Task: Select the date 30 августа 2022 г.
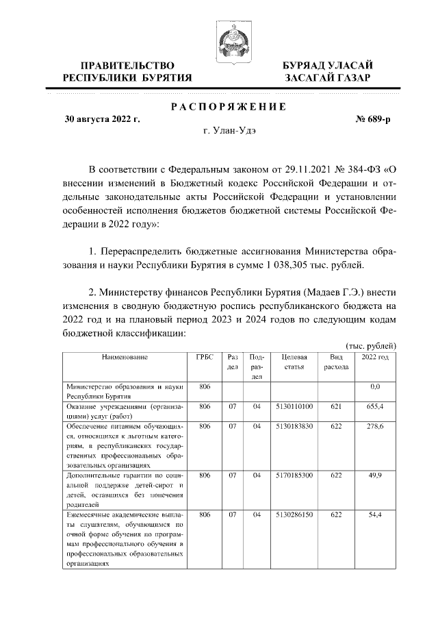pyautogui.click(x=102, y=119)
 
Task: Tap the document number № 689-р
pyautogui.click(x=373, y=119)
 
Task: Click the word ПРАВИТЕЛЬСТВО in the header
pyautogui.click(x=127, y=65)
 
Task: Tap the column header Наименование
pyautogui.click(x=125, y=357)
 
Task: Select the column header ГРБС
pyautogui.click(x=203, y=357)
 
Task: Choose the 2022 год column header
pyautogui.click(x=374, y=357)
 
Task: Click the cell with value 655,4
pyautogui.click(x=374, y=406)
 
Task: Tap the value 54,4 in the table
pyautogui.click(x=374, y=514)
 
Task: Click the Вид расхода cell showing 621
pyautogui.click(x=336, y=406)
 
